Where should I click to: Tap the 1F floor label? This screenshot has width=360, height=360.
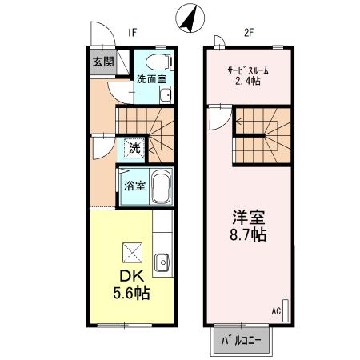coord(132,33)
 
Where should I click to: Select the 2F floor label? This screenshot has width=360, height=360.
coord(249,33)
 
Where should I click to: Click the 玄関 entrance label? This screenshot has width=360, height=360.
coord(102,62)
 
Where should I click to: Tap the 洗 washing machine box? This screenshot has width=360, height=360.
coord(135,147)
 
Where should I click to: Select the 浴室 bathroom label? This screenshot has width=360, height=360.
coord(134,186)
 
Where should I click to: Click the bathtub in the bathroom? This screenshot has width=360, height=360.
coord(162,187)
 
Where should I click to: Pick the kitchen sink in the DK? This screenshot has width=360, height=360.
coord(162,261)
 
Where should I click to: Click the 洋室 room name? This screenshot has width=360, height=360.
coord(249,217)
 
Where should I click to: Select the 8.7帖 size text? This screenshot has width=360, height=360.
coord(250,236)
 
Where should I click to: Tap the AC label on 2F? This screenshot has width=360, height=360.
coord(276,310)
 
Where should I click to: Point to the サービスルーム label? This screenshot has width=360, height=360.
coord(249,68)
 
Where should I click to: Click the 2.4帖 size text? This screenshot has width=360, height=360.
coord(249,81)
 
